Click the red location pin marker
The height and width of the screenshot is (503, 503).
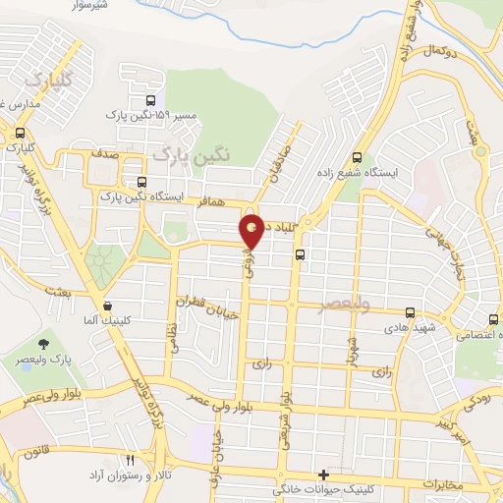pos(253,230)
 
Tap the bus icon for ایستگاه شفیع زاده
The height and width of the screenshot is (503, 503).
pos(357,157)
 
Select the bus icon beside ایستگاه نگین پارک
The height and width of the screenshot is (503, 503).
pos(143,183)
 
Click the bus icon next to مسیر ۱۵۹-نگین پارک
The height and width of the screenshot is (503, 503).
pos(150,101)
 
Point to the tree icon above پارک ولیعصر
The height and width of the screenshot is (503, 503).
pos(44,344)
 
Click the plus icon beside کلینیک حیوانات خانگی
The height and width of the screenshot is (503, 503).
pos(323,475)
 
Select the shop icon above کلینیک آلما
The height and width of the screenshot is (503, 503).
pos(106,306)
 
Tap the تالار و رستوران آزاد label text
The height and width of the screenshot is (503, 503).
pos(176,475)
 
